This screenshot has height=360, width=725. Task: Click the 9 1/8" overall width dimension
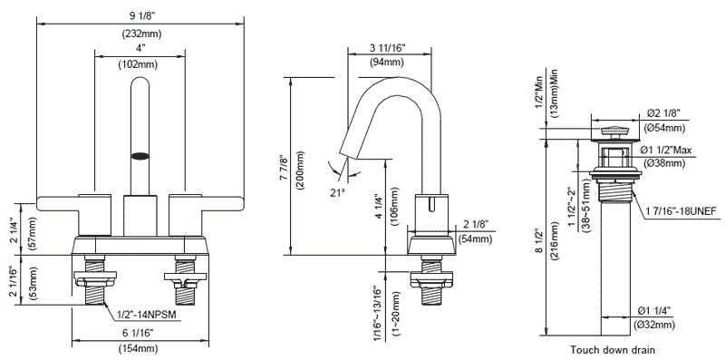(141, 16)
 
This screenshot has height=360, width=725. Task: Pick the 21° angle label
(338, 191)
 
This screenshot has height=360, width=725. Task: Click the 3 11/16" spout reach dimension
(388, 47)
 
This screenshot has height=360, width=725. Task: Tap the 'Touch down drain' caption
(613, 350)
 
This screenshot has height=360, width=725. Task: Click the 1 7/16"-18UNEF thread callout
(681, 211)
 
